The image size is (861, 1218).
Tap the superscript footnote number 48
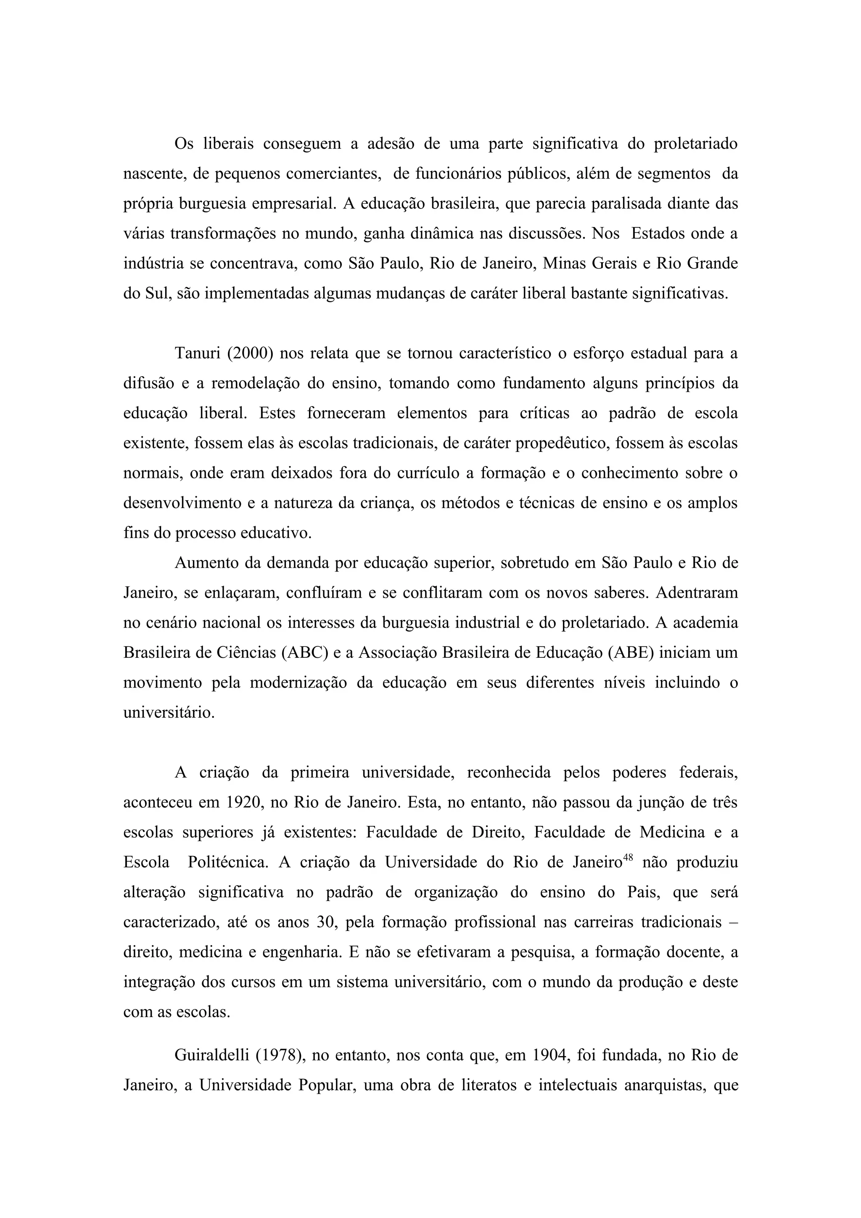click(629, 857)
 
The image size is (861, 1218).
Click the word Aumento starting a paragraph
click(204, 563)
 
